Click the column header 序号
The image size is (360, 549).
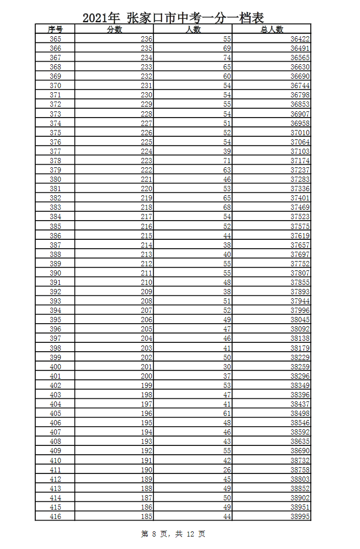click(x=55, y=30)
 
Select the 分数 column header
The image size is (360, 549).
click(x=114, y=30)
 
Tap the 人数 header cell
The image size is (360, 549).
click(x=193, y=30)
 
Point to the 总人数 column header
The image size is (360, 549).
click(x=271, y=30)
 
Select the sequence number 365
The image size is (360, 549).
click(x=55, y=39)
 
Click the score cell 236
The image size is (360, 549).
click(x=147, y=39)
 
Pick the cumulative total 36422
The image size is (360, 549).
click(x=300, y=39)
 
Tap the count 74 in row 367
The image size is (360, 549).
click(x=227, y=57)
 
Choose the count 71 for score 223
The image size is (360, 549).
click(x=227, y=161)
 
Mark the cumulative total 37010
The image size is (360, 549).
click(x=300, y=133)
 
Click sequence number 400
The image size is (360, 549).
click(x=55, y=367)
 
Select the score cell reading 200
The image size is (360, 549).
click(x=147, y=376)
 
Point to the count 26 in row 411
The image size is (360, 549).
click(x=227, y=470)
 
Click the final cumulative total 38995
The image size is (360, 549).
click(x=300, y=516)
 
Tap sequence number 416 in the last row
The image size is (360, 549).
click(x=55, y=516)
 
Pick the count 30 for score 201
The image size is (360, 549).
click(x=227, y=367)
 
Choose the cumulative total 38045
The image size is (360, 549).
click(x=300, y=320)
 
